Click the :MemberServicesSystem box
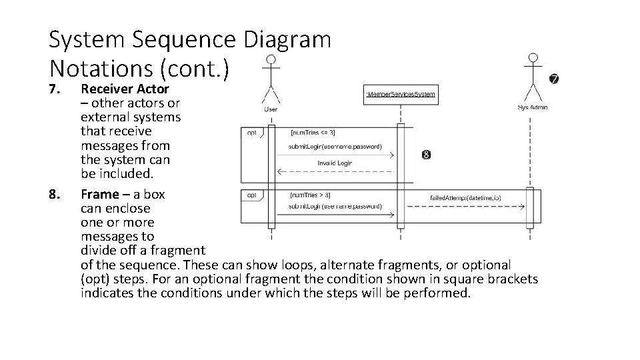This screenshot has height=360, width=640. pyautogui.click(x=401, y=94)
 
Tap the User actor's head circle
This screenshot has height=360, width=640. pyautogui.click(x=271, y=61)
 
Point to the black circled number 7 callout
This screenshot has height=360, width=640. pyautogui.click(x=554, y=79)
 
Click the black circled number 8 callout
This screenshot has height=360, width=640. pyautogui.click(x=426, y=155)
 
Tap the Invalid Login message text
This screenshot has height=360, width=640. pyautogui.click(x=335, y=163)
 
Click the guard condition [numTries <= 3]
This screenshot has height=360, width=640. pyautogui.click(x=313, y=133)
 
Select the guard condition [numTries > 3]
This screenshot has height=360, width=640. pyautogui.click(x=311, y=195)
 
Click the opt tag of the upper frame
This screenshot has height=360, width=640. pyautogui.click(x=252, y=132)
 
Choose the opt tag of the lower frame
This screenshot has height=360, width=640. pyautogui.click(x=252, y=195)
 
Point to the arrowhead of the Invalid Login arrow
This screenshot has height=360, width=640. pyautogui.click(x=280, y=171)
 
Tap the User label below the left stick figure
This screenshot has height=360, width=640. pyautogui.click(x=271, y=108)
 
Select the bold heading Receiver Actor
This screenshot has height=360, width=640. pyautogui.click(x=125, y=89)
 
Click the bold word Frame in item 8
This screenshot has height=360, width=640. pyautogui.click(x=100, y=195)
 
